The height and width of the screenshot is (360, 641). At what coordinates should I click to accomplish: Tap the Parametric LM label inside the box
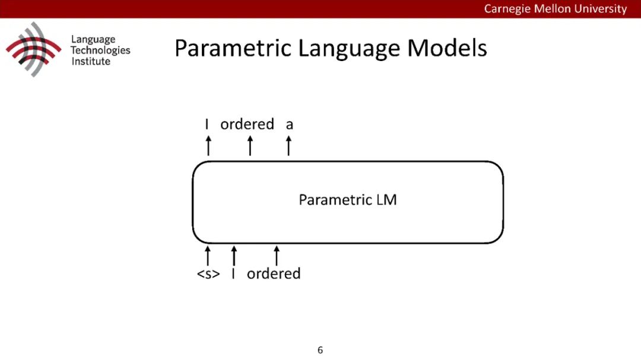coord(347,200)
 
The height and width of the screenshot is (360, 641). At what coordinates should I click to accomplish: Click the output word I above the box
coord(207,125)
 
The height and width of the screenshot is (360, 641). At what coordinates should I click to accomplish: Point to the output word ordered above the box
coord(247,125)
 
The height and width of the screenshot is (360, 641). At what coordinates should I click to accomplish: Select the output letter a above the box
coord(289,125)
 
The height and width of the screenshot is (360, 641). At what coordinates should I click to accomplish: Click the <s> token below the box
coord(208,274)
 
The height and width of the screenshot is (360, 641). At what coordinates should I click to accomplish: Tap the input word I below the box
coord(233,274)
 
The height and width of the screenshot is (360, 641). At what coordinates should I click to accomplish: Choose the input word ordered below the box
coord(274,274)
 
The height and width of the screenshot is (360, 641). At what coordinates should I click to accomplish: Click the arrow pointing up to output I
coord(208,145)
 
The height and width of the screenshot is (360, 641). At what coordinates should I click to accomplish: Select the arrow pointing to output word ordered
coord(250,145)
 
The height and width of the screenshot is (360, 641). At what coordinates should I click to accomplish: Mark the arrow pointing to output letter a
coord(288,145)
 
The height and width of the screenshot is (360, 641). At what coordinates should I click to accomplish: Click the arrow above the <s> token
coord(208,256)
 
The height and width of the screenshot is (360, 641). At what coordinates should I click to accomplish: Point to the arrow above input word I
coord(234,256)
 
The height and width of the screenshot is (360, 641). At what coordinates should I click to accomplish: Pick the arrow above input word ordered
coord(276,256)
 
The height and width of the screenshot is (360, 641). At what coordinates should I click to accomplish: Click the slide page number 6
coord(320,350)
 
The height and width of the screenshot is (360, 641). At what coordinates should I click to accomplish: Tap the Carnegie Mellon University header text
coord(555,8)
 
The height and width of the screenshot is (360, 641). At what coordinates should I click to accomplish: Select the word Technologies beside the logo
coord(100,50)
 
